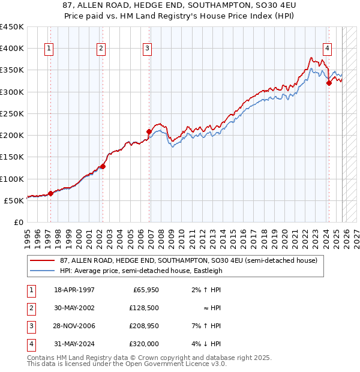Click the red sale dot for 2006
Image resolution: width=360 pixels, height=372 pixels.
149,131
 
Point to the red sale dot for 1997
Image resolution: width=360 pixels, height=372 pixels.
50,193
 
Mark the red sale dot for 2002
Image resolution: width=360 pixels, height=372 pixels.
103,166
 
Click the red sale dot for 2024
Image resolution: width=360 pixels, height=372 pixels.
329,83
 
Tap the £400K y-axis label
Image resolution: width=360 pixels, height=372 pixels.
12,49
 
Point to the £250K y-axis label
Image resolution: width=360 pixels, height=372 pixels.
12,113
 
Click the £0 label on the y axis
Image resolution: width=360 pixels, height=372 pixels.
18,222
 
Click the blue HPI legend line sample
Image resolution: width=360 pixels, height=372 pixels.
43,271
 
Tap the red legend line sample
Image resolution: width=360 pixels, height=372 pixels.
43,260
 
